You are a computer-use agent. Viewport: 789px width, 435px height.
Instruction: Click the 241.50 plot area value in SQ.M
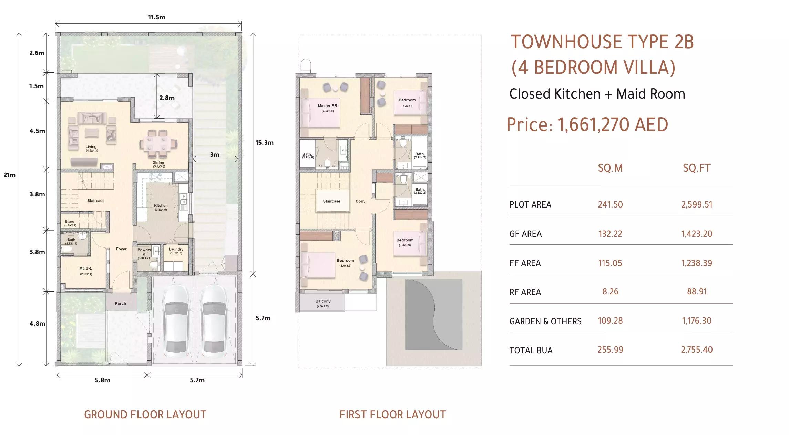click(610, 204)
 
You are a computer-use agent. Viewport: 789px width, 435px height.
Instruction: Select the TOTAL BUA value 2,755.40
click(697, 350)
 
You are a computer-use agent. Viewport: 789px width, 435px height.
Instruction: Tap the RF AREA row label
click(525, 292)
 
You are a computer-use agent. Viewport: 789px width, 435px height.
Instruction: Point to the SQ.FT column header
click(697, 168)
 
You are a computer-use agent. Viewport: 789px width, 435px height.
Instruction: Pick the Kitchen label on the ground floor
click(161, 205)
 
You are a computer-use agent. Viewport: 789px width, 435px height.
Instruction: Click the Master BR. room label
click(328, 106)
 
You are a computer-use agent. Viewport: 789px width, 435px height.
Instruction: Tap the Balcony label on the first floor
click(323, 301)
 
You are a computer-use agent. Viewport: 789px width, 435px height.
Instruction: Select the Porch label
click(120, 303)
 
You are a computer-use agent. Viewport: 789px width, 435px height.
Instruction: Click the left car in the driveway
click(176, 321)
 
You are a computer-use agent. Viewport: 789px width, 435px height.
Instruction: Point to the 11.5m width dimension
click(156, 17)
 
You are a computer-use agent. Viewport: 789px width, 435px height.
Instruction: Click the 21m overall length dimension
click(9, 175)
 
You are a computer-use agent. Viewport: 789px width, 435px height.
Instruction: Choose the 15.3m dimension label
click(264, 143)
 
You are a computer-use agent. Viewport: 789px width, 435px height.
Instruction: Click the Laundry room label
click(176, 249)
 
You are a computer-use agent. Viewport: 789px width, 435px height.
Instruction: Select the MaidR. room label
click(85, 269)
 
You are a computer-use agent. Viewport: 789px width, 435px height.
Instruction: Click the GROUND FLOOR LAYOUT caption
click(145, 414)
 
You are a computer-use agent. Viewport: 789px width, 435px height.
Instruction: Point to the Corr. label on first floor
click(360, 201)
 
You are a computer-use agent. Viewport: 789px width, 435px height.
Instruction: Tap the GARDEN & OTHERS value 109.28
click(610, 321)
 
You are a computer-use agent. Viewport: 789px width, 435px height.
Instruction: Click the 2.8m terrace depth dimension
click(167, 98)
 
